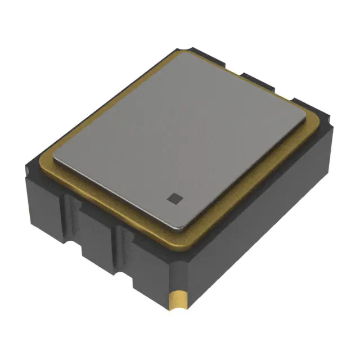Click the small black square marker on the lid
[174, 197]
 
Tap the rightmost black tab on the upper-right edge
[304, 103]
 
